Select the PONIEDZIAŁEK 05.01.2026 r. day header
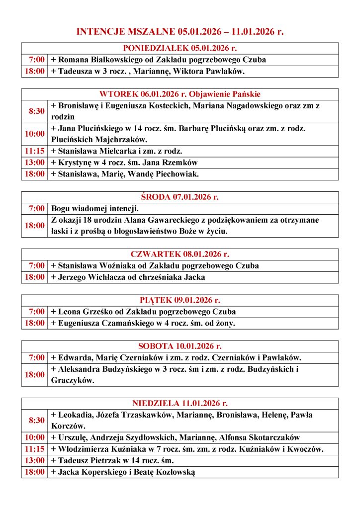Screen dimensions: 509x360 click(x=180, y=48)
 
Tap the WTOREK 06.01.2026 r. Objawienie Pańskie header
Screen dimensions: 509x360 click(x=180, y=94)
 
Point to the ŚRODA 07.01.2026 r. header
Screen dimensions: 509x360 click(x=180, y=197)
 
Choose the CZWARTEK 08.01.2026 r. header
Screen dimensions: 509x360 click(x=180, y=254)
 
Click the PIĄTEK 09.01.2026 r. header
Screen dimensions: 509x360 click(x=180, y=300)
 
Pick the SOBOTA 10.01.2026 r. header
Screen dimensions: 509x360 click(x=180, y=346)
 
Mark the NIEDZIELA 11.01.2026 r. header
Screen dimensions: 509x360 click(x=180, y=403)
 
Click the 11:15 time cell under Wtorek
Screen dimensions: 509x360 click(x=35, y=151)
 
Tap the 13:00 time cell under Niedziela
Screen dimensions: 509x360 click(x=35, y=461)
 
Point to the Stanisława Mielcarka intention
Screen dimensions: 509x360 click(x=117, y=151)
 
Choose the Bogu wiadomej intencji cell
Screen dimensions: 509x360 click(x=95, y=208)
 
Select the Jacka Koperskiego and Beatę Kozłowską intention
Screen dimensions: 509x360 click(x=123, y=472)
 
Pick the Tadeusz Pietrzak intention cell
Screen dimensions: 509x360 click(x=112, y=461)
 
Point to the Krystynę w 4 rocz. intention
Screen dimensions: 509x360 click(x=125, y=163)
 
